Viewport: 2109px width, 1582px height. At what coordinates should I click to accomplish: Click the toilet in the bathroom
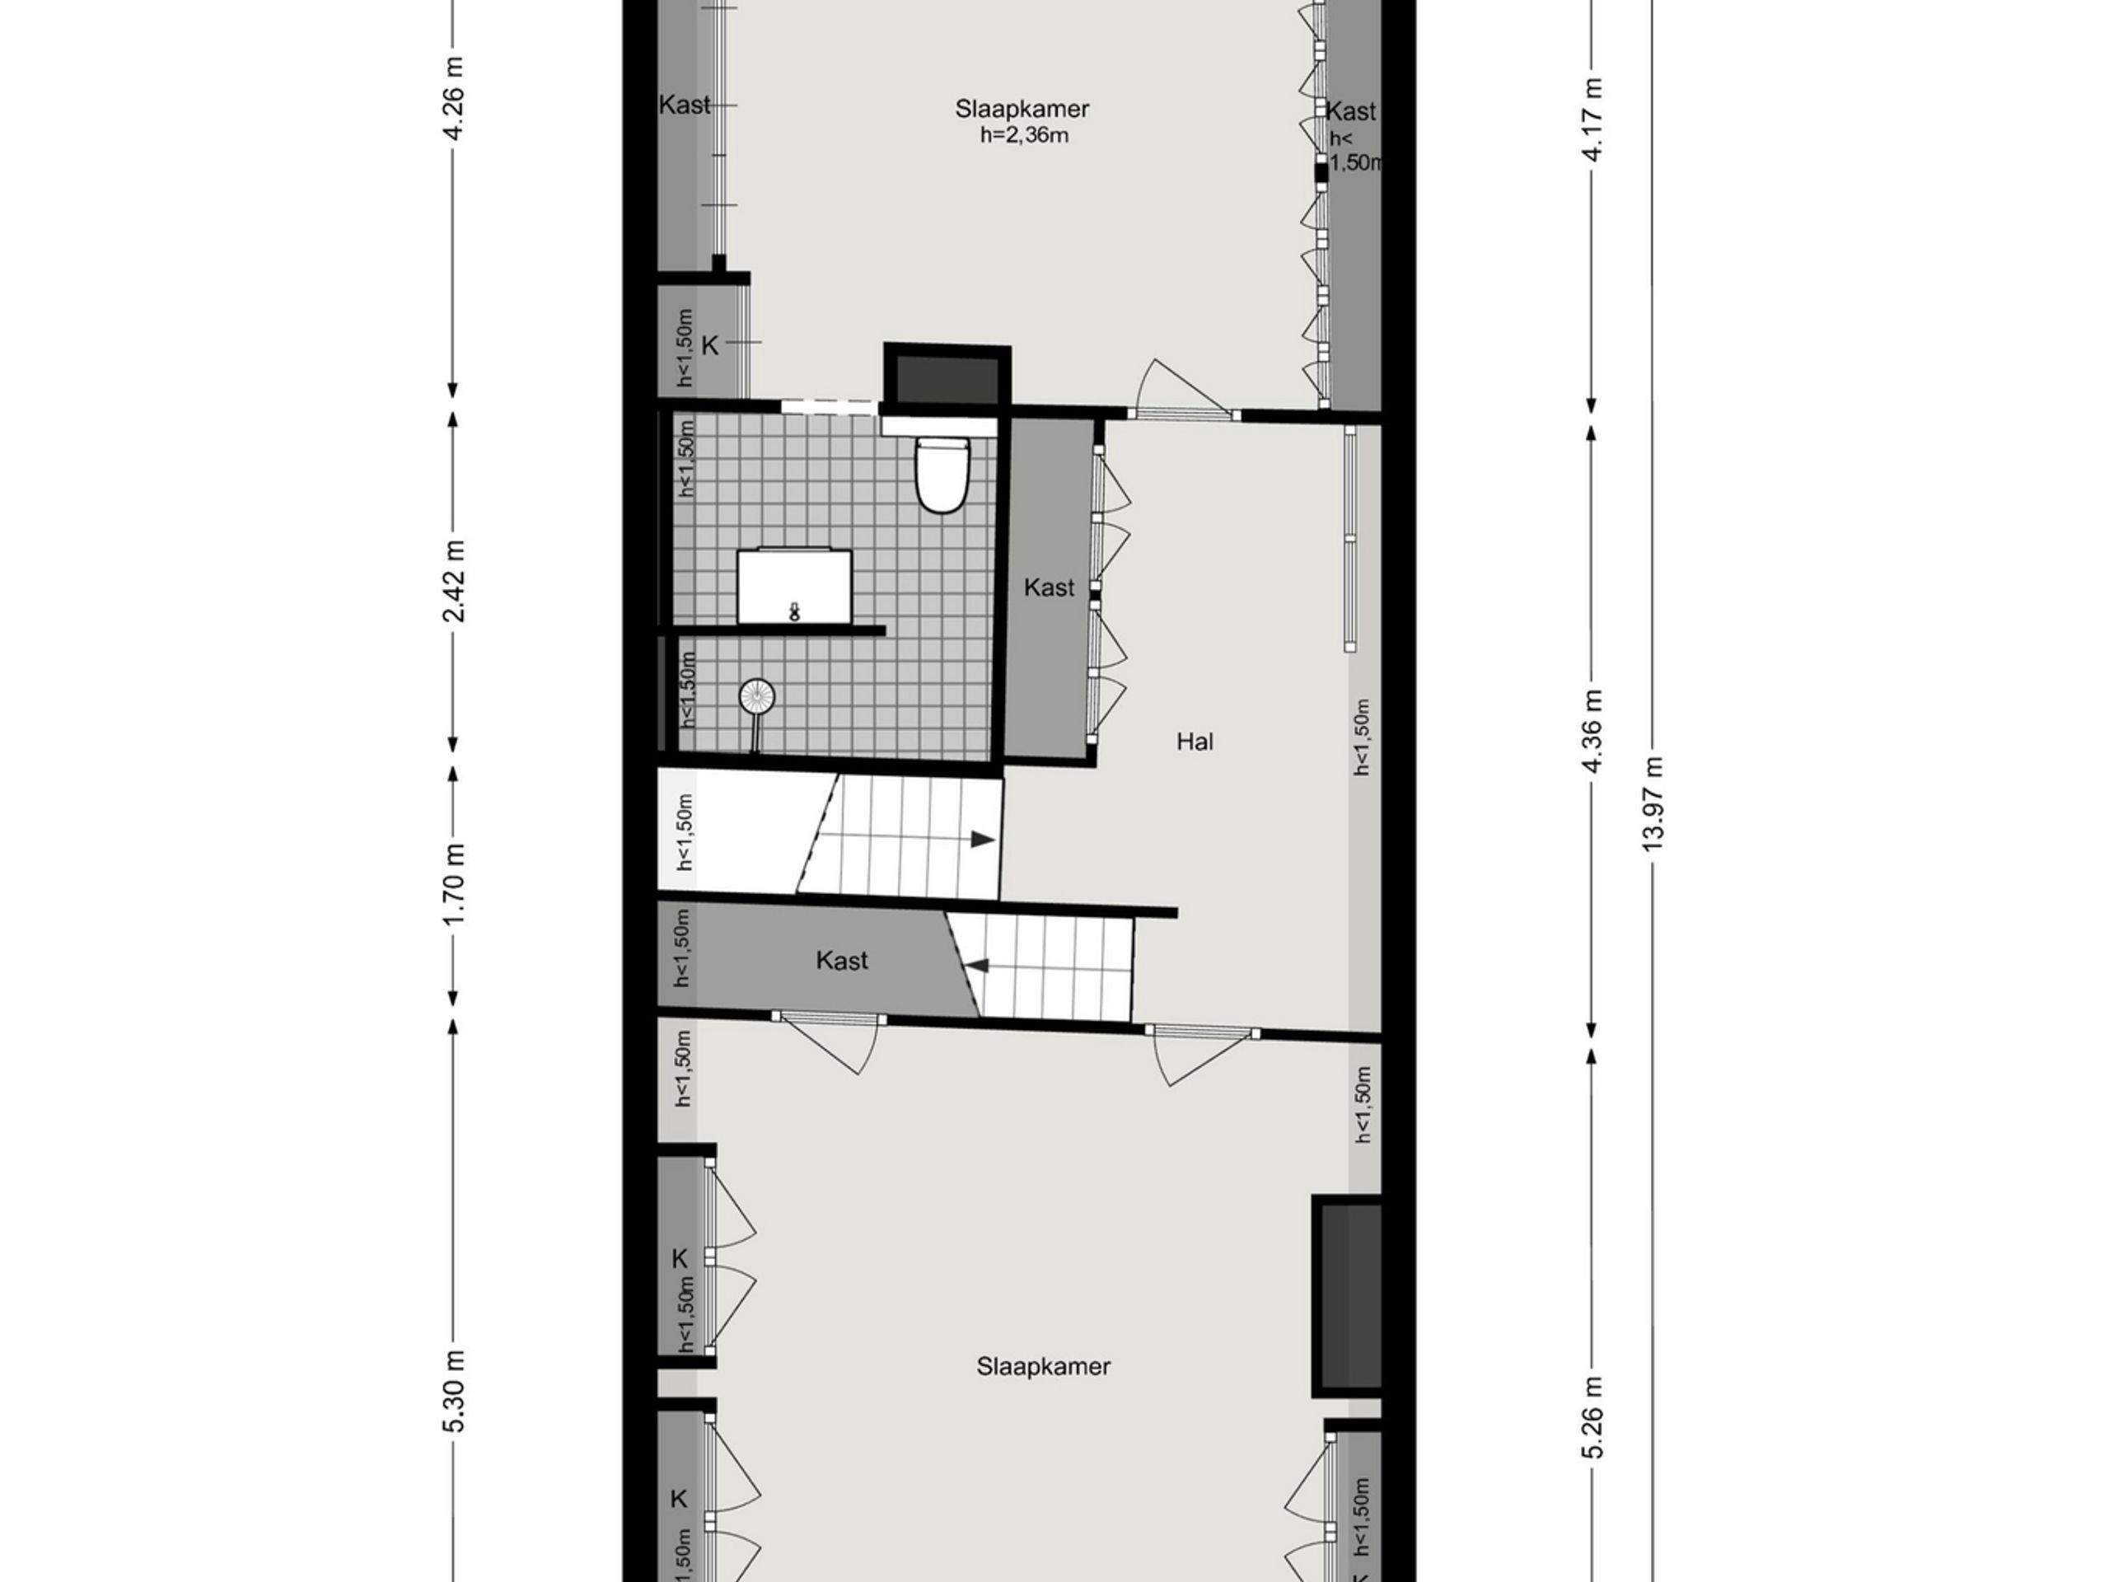[942, 474]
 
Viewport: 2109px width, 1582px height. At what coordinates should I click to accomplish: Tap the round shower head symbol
[757, 696]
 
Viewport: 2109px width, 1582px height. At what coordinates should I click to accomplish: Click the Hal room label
[1195, 741]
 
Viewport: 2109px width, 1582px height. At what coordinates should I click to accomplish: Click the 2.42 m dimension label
[454, 581]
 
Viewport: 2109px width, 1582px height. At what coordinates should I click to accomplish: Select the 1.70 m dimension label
[454, 883]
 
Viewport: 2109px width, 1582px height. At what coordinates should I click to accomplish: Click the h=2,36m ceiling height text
[1024, 135]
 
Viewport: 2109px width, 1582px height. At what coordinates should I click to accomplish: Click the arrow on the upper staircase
[982, 839]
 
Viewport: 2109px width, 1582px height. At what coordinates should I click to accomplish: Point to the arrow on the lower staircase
[975, 966]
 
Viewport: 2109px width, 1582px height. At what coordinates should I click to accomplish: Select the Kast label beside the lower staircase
[842, 960]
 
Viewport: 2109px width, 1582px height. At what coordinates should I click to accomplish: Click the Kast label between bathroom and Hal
[1049, 587]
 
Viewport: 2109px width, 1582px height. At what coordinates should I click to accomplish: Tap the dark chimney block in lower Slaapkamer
[1348, 1296]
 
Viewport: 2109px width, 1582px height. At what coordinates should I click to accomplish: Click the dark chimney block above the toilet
[947, 377]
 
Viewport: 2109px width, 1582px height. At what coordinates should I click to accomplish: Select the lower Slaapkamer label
[1043, 1366]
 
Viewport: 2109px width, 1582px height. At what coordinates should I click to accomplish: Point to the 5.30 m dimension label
[454, 1390]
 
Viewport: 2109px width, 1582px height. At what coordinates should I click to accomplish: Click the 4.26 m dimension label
[454, 98]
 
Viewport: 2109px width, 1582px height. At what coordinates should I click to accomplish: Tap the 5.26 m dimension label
[1592, 1417]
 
